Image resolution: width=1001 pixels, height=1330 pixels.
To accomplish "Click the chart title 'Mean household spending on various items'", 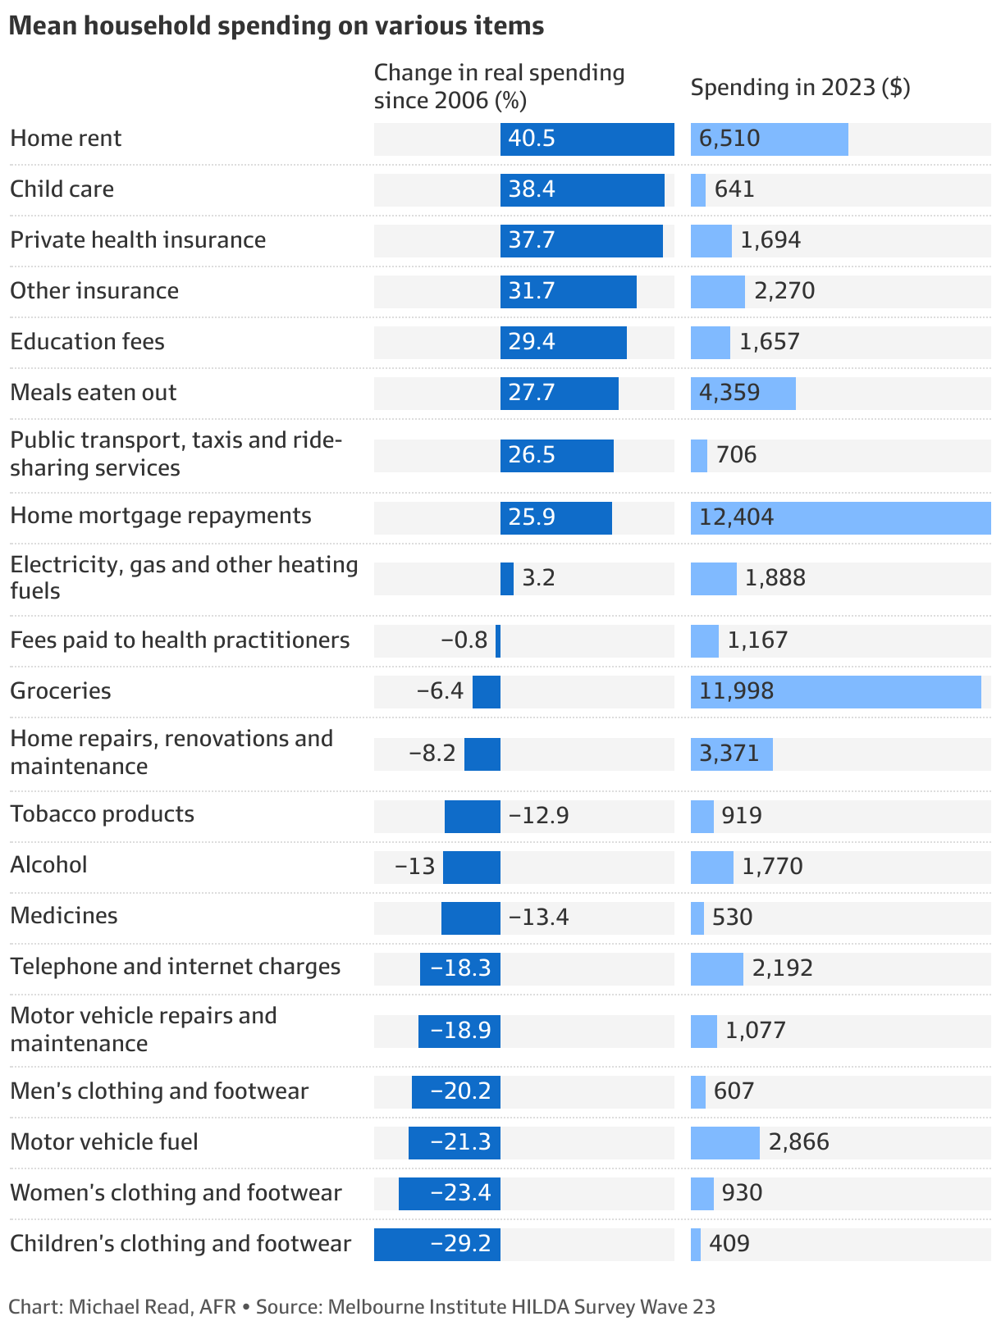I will coord(276,26).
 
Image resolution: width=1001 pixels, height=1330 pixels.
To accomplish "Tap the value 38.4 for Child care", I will coord(532,189).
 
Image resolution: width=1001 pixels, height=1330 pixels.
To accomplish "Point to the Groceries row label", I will coord(61,690).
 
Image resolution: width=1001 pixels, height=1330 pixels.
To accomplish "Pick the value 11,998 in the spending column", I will coord(737,691).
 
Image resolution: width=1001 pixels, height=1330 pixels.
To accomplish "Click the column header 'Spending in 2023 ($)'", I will coord(800,87).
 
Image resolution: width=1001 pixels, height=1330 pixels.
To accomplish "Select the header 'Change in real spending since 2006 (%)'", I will coord(499,86).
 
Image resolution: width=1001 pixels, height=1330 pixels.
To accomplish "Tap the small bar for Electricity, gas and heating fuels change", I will coord(507,578).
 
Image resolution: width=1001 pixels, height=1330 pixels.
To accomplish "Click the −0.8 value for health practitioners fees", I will coord(464,640).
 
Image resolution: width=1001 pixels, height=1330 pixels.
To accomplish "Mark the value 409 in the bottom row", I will coord(729,1244).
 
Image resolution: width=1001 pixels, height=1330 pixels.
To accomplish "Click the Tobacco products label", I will coord(102,814).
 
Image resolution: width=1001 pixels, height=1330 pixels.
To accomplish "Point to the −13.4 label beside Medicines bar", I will coord(538,917).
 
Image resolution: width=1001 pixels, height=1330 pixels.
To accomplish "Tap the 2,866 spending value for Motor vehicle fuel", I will coord(798,1142).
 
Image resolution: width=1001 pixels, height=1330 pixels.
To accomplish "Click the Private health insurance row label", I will coord(138,240).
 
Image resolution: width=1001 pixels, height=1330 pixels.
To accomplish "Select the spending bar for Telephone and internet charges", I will coord(716,968).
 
